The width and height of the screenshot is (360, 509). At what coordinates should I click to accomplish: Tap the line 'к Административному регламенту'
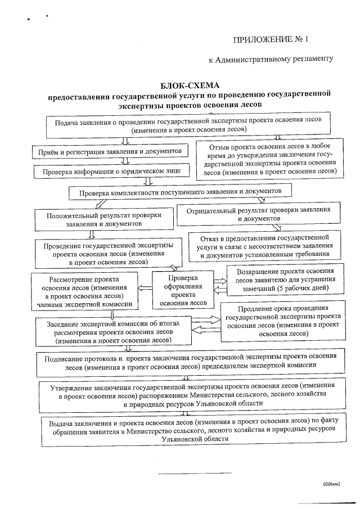tap(271, 59)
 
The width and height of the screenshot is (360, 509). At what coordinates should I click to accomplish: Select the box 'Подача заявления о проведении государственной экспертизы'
tap(188, 125)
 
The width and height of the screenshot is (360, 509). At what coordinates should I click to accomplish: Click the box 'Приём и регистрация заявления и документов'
tap(107, 152)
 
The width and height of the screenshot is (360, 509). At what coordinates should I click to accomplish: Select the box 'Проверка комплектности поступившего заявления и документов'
tap(180, 192)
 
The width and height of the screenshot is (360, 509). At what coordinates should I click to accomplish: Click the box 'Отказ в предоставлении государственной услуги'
tap(264, 246)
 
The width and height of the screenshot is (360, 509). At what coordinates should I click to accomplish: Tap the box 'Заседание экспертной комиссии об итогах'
tap(114, 331)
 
